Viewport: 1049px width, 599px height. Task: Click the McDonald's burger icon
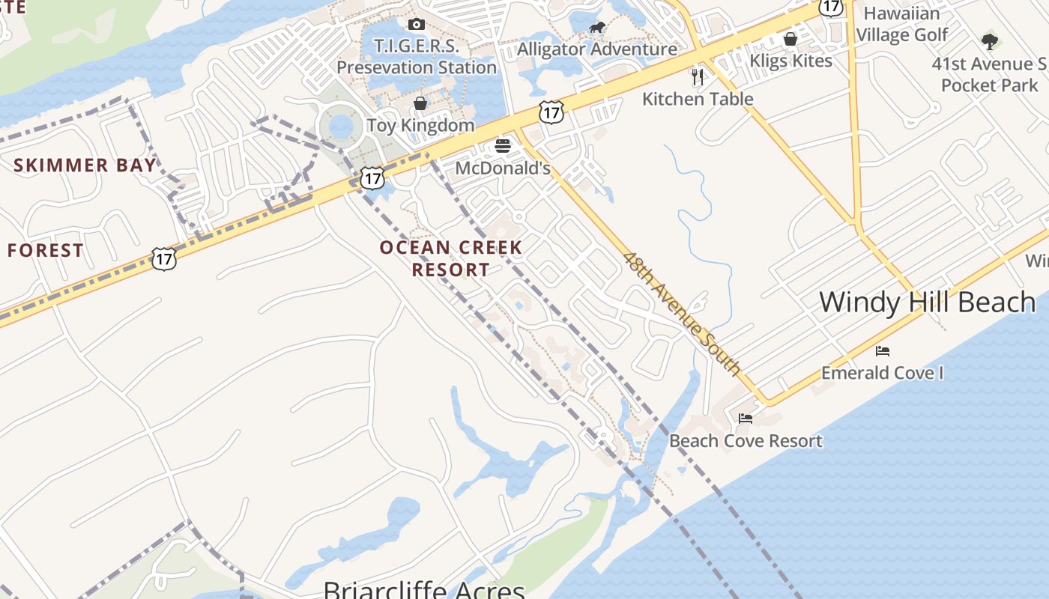click(502, 145)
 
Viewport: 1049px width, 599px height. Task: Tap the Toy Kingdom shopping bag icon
click(420, 103)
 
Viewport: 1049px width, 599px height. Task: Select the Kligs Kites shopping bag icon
click(790, 39)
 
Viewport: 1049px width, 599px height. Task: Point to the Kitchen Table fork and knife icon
click(698, 76)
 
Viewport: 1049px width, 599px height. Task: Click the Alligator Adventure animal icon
click(596, 28)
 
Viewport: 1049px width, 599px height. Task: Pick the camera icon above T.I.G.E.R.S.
click(417, 25)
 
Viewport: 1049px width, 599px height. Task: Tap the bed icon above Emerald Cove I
click(883, 350)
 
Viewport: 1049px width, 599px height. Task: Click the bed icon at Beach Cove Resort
click(745, 418)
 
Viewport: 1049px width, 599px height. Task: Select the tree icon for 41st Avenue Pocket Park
click(989, 41)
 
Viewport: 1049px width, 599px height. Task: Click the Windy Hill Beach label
click(927, 302)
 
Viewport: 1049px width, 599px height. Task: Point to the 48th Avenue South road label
click(682, 314)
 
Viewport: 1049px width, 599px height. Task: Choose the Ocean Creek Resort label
click(450, 258)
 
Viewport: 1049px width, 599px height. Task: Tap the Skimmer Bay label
click(85, 165)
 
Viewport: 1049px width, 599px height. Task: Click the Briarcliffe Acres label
click(424, 589)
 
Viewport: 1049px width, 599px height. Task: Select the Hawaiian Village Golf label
click(901, 24)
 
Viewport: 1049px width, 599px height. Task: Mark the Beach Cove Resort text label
click(746, 441)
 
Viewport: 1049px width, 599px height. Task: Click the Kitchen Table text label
click(698, 98)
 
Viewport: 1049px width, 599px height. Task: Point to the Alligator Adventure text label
click(597, 49)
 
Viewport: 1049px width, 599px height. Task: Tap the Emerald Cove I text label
click(882, 372)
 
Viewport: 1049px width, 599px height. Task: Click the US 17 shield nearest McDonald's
click(551, 113)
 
